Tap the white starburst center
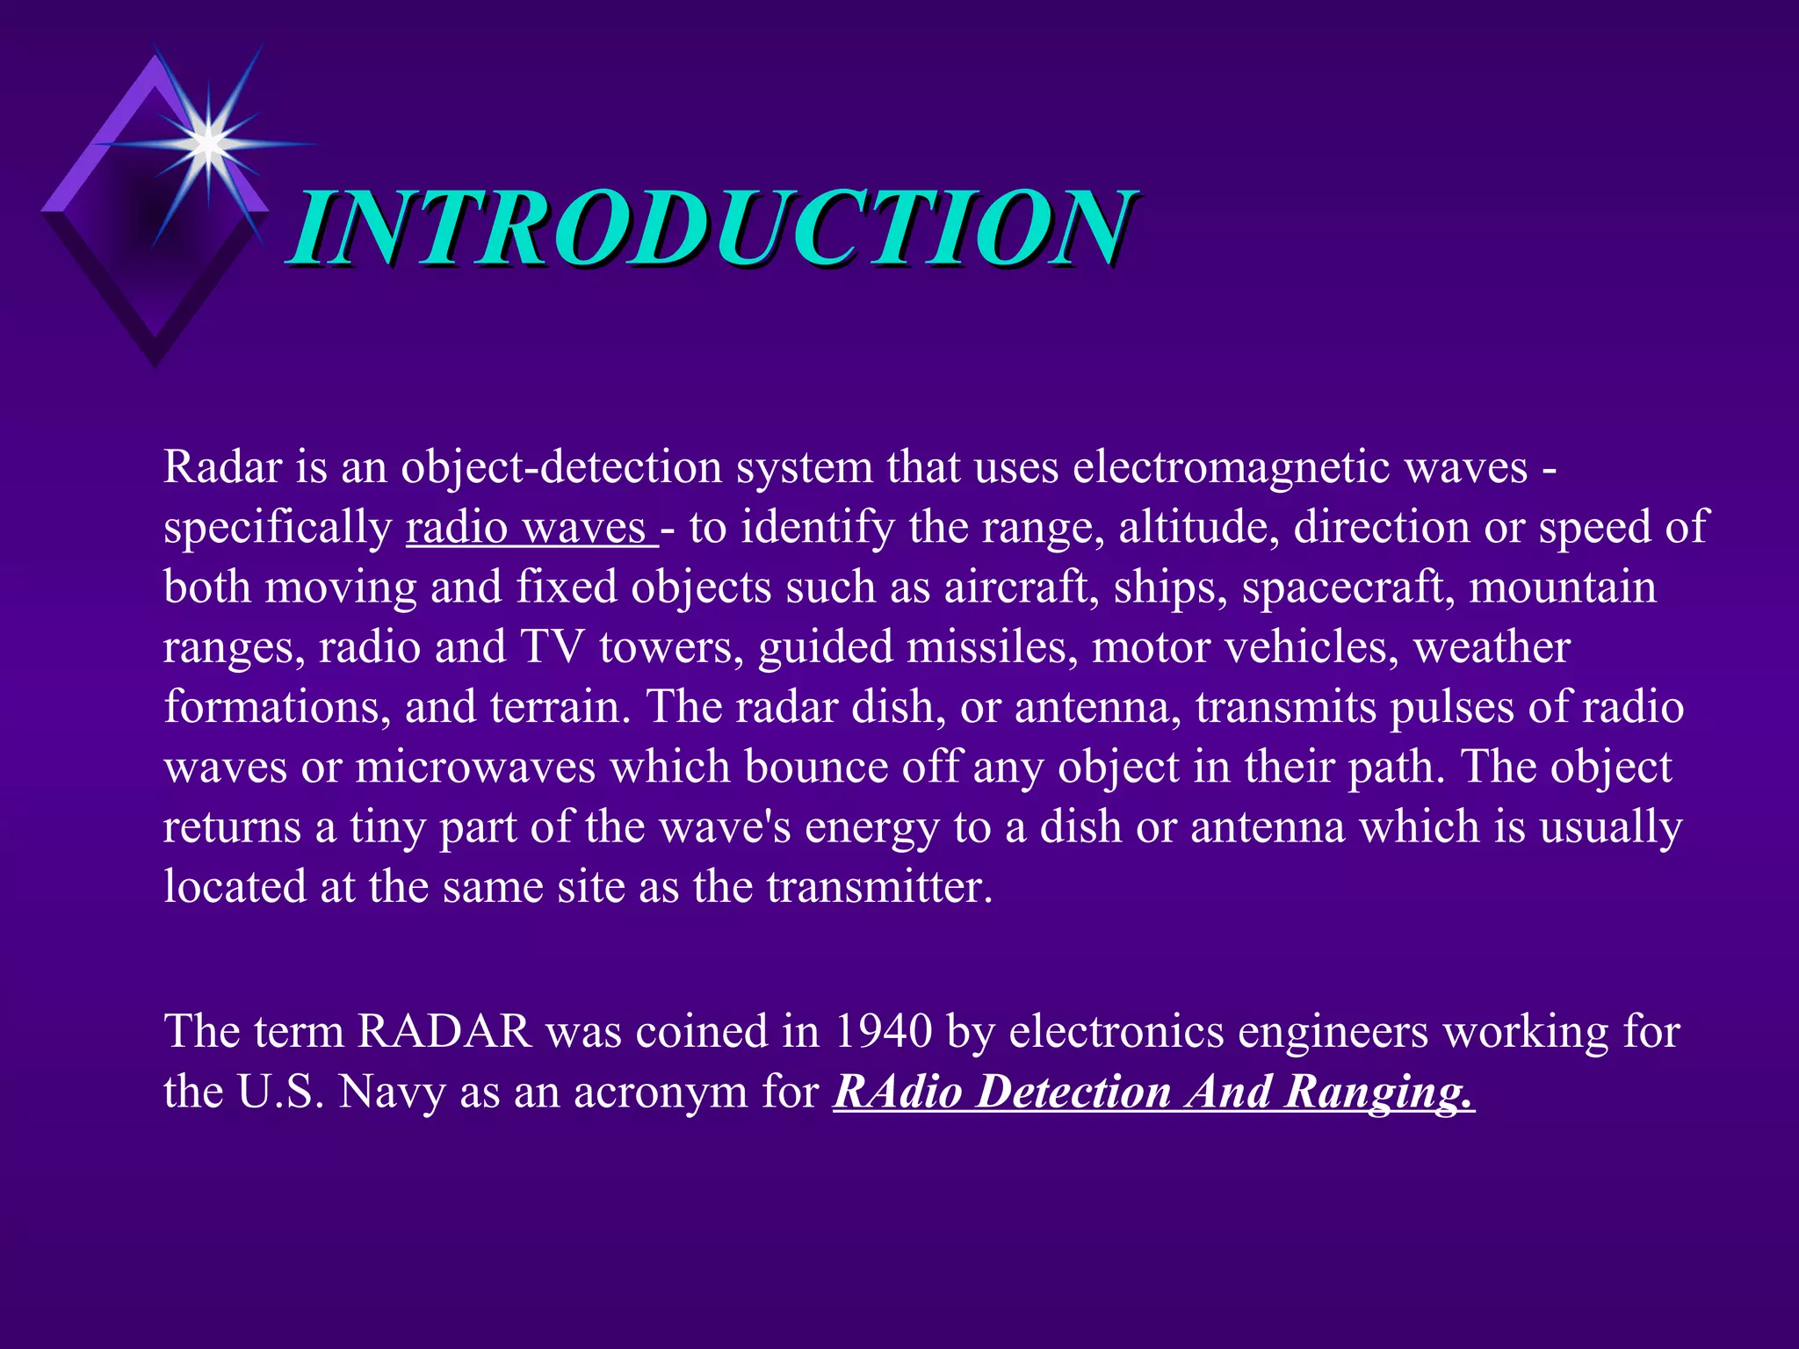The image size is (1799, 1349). point(208,143)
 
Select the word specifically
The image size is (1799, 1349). point(278,527)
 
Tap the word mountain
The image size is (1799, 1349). point(1563,587)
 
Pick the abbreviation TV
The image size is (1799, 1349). point(553,647)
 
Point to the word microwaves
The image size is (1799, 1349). point(475,767)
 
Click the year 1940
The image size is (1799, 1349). point(883,1031)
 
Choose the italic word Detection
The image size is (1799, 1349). point(1075,1092)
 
